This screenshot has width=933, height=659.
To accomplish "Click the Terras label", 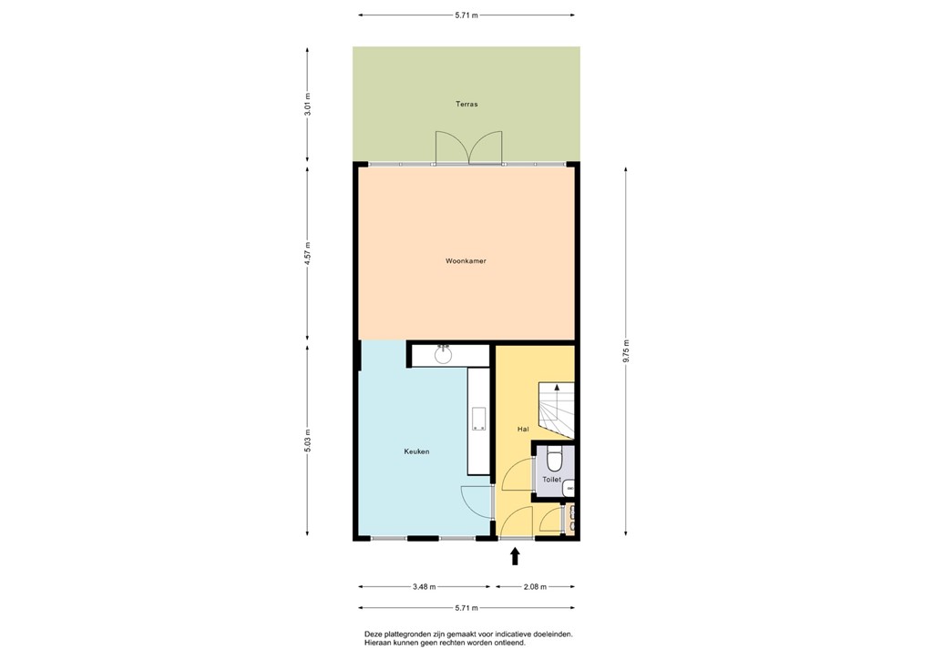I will click(466, 105).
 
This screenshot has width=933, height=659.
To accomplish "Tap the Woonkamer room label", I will click(466, 261).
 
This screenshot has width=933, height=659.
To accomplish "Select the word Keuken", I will click(416, 451).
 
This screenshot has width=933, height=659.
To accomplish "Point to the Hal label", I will click(523, 429).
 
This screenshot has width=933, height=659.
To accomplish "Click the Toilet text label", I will click(551, 479).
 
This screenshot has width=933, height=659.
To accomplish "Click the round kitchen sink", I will click(444, 354).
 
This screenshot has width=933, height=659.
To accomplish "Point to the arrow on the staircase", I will click(557, 389).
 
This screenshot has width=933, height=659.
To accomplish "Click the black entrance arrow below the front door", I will click(515, 556).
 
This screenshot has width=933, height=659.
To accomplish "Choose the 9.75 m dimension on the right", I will click(626, 350).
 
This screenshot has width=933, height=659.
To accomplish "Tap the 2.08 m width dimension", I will click(534, 587).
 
